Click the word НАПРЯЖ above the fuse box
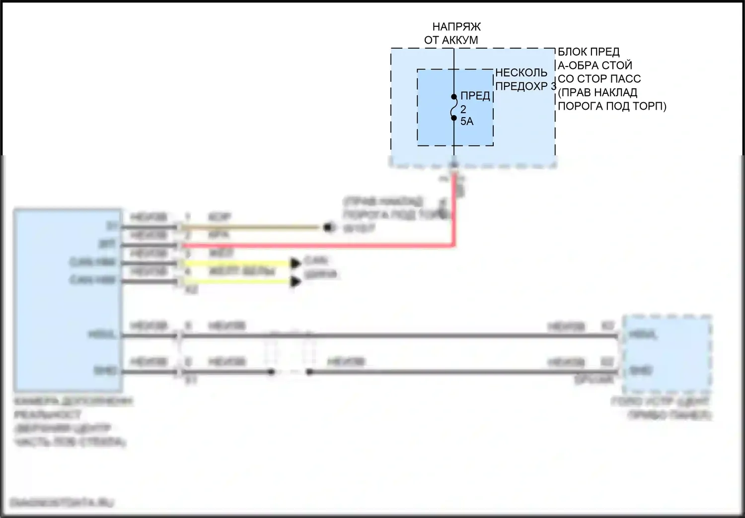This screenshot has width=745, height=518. tap(456, 27)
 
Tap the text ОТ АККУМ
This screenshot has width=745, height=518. tap(451, 40)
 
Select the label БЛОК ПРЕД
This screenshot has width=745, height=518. tap(589, 52)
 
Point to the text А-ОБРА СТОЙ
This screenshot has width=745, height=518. tap(595, 65)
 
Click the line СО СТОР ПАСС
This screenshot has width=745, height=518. tap(599, 79)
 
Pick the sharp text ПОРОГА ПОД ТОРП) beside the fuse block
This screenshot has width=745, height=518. tap(612, 106)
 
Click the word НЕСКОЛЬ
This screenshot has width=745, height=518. tap(521, 73)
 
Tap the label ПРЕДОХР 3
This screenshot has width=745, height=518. tap(525, 86)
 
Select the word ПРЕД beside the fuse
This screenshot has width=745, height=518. tap(475, 96)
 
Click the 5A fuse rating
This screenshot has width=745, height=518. tap(467, 122)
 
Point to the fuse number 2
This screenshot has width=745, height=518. tap(463, 109)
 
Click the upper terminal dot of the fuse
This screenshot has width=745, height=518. tap(454, 97)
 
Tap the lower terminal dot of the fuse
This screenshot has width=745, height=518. tap(454, 118)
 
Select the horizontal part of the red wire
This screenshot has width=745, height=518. tap(318, 245)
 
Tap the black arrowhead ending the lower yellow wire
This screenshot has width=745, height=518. tap(296, 282)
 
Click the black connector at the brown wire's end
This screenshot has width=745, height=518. tap(328, 228)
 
